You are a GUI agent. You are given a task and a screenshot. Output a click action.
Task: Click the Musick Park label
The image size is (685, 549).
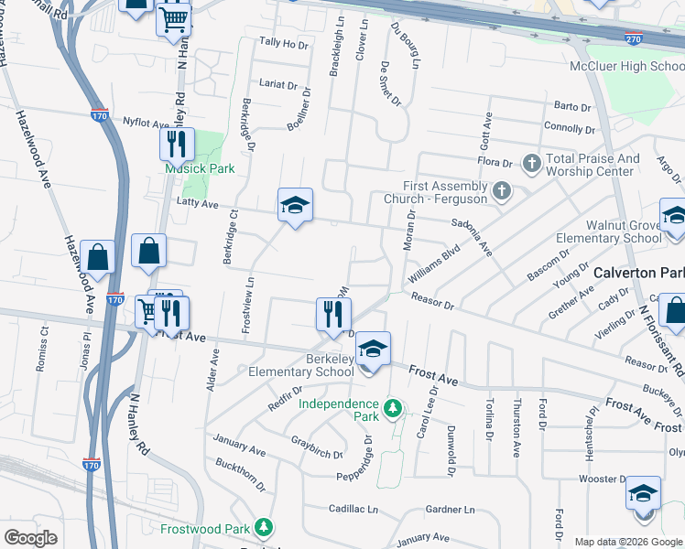(200, 168)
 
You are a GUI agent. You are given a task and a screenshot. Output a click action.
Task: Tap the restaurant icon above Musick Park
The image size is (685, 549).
(176, 144)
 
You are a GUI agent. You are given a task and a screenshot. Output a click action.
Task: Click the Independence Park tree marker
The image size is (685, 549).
(393, 406)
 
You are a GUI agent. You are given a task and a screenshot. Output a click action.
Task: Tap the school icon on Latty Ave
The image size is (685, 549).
(296, 206)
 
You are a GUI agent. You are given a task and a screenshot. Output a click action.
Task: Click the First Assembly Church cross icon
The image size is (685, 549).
(500, 191)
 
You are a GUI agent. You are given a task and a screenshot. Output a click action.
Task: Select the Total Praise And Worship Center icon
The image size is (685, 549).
(530, 163)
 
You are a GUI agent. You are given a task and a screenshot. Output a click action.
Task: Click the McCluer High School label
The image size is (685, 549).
(626, 66)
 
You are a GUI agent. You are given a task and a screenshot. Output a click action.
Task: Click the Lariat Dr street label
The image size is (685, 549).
(278, 85)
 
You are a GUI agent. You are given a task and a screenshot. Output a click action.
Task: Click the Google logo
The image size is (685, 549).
(31, 538)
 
